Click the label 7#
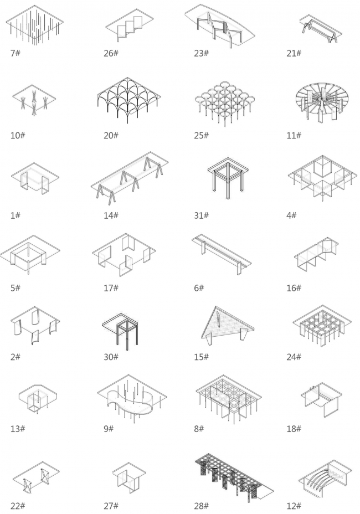pyautogui.click(x=15, y=53)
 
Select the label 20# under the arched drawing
pyautogui.click(x=111, y=135)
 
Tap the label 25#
pyautogui.click(x=201, y=135)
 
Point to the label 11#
pyautogui.click(x=294, y=135)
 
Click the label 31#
pyautogui.click(x=201, y=215)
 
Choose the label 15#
pyautogui.click(x=201, y=357)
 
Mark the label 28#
pyautogui.click(x=201, y=506)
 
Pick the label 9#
pyautogui.click(x=109, y=429)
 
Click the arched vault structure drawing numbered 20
pyautogui.click(x=129, y=100)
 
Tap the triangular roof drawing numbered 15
pyautogui.click(x=228, y=325)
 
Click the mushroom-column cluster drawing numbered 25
pyautogui.click(x=225, y=102)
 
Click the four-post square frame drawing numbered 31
pyautogui.click(x=228, y=178)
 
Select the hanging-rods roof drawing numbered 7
pyautogui.click(x=34, y=25)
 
